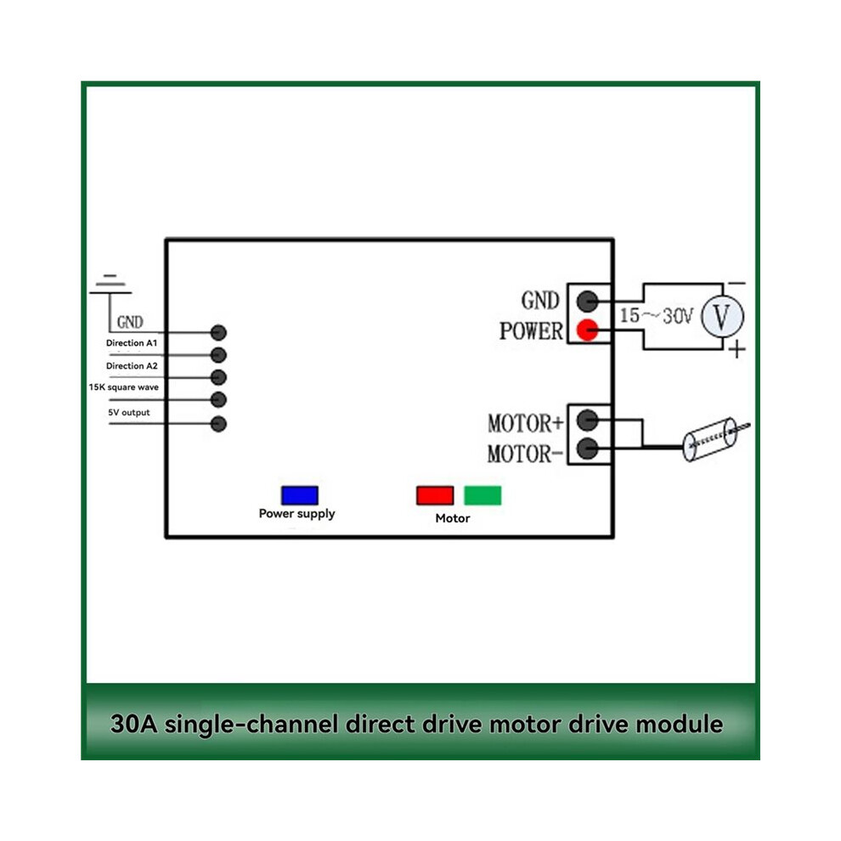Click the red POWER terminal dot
tap(587, 330)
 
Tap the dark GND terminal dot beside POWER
tap(587, 302)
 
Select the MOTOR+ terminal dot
tap(587, 420)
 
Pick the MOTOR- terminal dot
tap(587, 449)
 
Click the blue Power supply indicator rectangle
tap(300, 495)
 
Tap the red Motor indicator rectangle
tap(435, 495)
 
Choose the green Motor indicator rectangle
tap(483, 495)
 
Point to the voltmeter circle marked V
tap(722, 317)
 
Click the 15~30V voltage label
tap(657, 316)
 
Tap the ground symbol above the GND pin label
tap(110, 285)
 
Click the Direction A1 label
tap(132, 342)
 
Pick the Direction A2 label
tap(132, 366)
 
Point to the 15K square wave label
tap(123, 387)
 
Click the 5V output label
tap(129, 413)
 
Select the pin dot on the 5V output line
tap(218, 424)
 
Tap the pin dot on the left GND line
tap(218, 332)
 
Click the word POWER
tap(531, 331)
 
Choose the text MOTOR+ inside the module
tap(525, 423)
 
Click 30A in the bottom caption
tap(133, 724)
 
